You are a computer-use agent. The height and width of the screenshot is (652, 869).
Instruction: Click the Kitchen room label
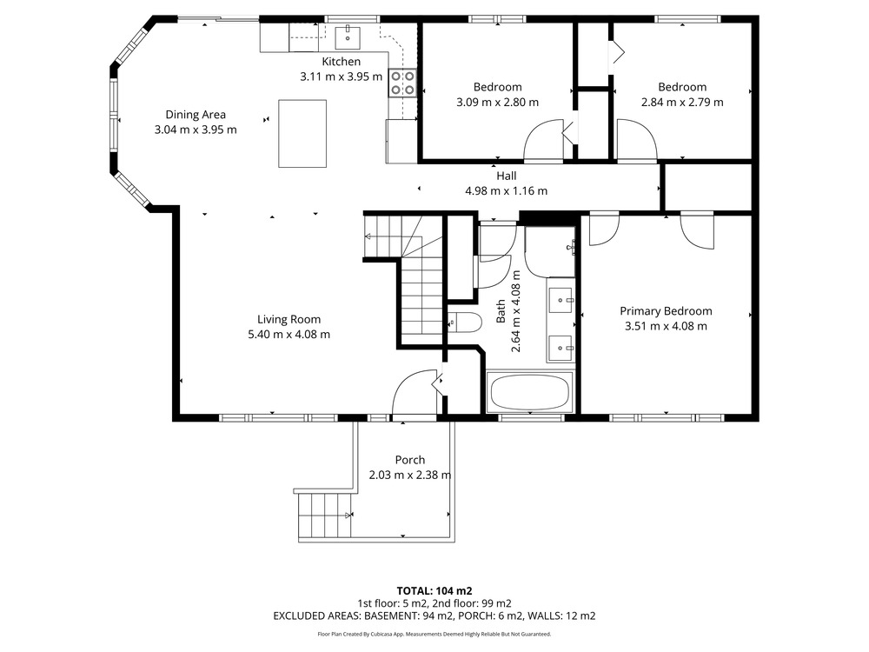341,62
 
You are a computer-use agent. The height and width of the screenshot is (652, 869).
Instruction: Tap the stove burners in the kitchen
402,83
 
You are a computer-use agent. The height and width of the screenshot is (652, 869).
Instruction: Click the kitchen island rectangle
302,133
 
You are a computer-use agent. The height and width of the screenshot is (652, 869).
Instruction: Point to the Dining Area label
196,115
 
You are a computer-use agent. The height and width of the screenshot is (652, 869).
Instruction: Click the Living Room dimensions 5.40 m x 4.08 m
289,335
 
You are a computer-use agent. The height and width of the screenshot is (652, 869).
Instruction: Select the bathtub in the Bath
530,392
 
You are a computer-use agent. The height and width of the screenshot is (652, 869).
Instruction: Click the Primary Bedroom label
666,311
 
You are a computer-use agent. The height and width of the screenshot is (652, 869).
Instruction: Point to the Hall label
506,176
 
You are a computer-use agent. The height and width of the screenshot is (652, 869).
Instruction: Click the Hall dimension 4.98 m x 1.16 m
506,190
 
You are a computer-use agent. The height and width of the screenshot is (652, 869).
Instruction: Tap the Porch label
410,460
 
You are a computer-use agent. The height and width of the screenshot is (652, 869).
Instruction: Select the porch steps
325,515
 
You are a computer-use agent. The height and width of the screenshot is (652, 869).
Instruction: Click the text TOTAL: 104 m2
434,591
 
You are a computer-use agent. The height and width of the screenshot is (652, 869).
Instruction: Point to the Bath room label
501,311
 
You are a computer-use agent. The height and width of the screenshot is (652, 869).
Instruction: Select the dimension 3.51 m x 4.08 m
666,326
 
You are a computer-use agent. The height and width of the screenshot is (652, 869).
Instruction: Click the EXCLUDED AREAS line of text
434,615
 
